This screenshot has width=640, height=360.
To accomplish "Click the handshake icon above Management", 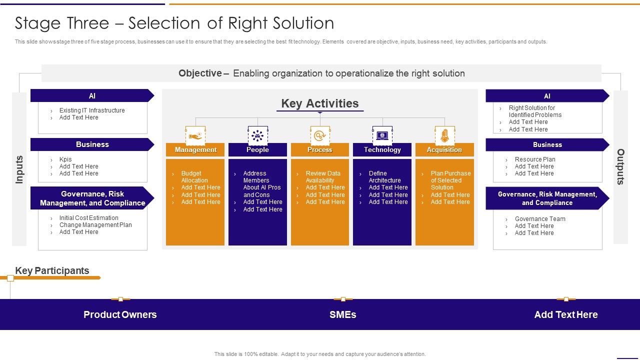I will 195,135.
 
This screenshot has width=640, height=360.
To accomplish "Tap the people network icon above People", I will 257,135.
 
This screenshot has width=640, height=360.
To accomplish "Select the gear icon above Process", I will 320,135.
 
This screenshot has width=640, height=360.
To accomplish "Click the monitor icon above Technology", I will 382,135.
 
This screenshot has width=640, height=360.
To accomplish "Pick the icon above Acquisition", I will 444,135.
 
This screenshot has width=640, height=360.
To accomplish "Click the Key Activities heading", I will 320,103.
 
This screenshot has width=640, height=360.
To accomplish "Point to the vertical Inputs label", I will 19,169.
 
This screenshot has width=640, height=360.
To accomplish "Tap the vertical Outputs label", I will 620,167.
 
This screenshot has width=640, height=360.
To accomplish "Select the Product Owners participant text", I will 120,314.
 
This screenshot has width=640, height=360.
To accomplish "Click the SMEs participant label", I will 343,314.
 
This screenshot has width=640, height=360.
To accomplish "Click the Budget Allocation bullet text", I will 194,177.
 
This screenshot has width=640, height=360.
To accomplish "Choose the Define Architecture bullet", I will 384,177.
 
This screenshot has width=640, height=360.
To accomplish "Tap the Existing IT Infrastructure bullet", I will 92,110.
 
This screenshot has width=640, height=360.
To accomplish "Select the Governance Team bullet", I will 540,219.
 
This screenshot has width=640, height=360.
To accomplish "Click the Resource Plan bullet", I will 535,159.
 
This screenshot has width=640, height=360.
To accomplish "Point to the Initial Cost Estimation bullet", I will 88,218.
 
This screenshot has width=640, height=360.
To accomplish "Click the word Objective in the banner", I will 200,73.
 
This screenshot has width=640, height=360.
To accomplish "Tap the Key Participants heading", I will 52,270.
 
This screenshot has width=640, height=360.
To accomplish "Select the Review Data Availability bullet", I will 322,177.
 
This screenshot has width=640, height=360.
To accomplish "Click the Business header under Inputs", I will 92,144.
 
